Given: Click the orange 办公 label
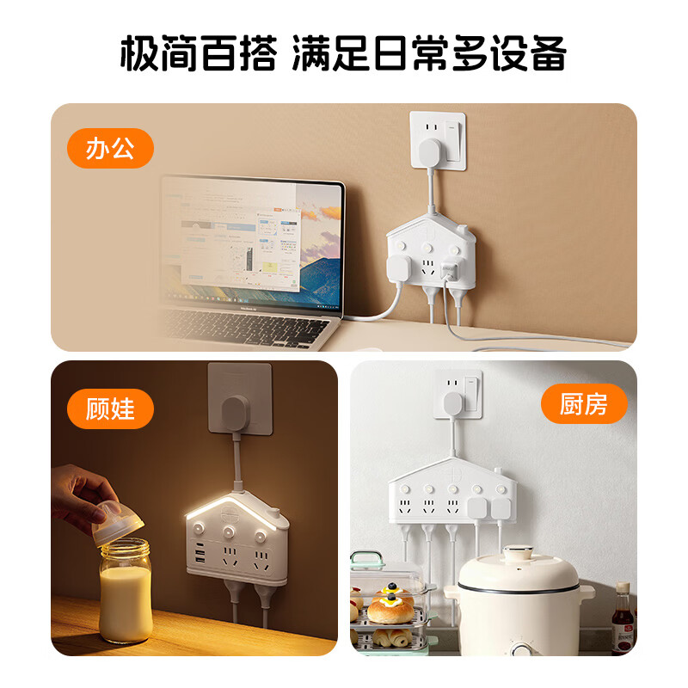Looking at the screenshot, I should (109, 148).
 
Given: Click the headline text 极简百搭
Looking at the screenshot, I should (199, 54).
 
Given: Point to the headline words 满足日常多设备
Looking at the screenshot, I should (429, 54).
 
